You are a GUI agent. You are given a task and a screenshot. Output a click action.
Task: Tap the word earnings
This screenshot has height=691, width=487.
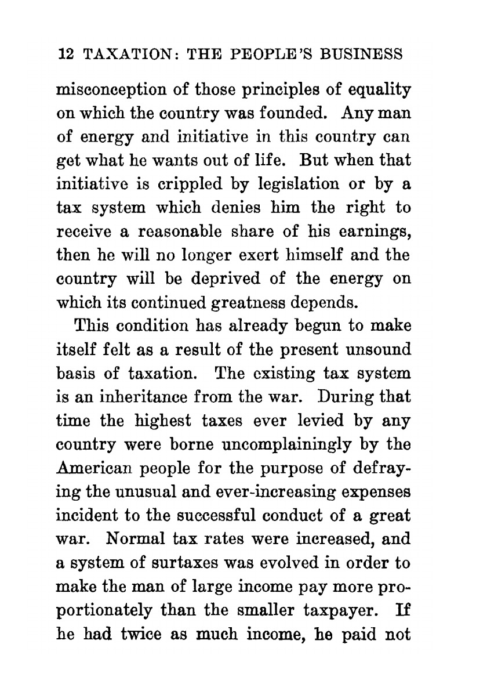tap(376, 231)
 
